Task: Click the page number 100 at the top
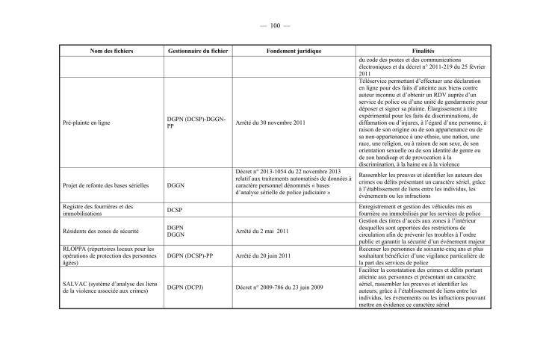(270, 26)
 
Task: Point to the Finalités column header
(428, 50)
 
